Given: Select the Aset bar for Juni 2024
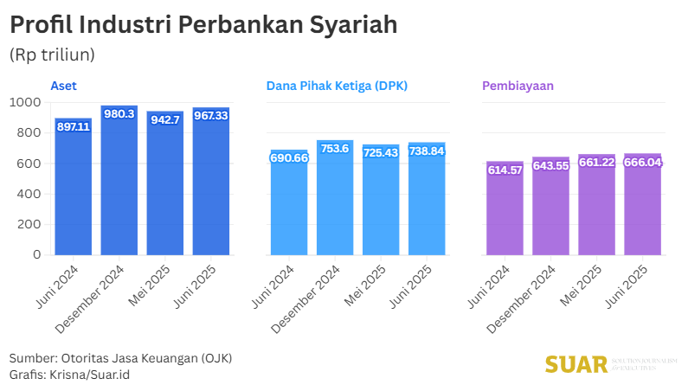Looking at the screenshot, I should coord(74,190).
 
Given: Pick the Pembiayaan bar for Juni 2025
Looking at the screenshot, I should coord(642,208).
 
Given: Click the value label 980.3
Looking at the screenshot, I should coord(119,114).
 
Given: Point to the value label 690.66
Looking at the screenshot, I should coord(289,157).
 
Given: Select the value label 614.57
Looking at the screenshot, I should coord(505,170).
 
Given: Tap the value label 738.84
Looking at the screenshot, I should coord(427,151).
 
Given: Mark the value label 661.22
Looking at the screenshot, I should coord(596,162).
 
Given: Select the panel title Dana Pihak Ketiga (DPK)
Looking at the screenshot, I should coord(337,86).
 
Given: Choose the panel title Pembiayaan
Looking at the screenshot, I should coord(518,86).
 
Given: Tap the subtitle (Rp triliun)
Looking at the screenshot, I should coord(52,54).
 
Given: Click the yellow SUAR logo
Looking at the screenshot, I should coord(576,364).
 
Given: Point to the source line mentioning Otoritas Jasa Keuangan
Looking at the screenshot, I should coord(120,358).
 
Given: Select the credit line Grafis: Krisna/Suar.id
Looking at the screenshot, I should coord(70,375).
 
